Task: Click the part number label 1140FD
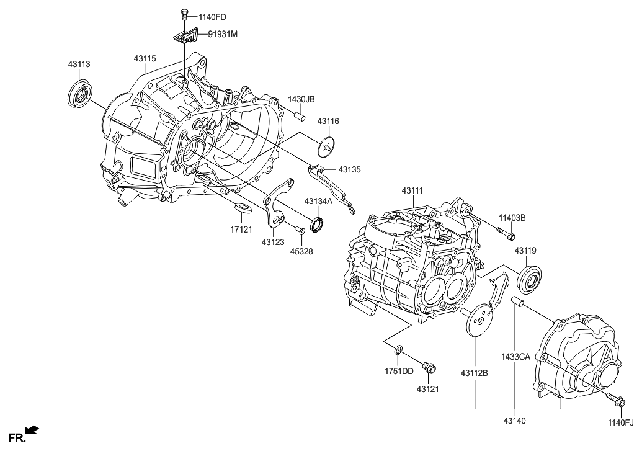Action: [x=214, y=17]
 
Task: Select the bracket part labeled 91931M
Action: [x=184, y=37]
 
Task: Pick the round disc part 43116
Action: [x=326, y=148]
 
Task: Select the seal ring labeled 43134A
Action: [x=318, y=225]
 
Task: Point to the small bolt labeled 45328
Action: [x=301, y=231]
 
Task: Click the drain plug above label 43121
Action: [x=427, y=368]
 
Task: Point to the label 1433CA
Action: [x=515, y=357]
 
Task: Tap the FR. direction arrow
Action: [x=31, y=429]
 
